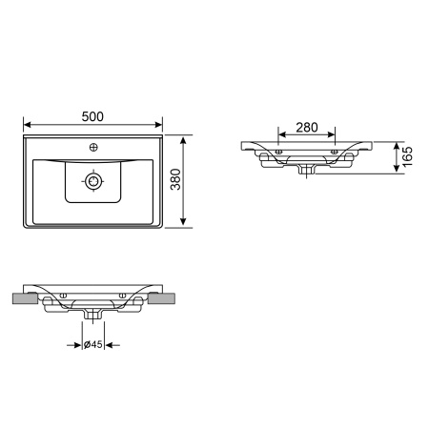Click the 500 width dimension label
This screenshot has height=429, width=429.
click(x=92, y=116)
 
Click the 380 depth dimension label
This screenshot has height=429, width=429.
click(x=175, y=179)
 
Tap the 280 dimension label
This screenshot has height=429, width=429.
click(x=307, y=128)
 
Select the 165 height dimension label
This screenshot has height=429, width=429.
click(x=407, y=156)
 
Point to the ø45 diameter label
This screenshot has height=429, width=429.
click(x=92, y=344)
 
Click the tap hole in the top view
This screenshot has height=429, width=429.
click(x=93, y=147)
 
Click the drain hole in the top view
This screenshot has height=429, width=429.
click(x=93, y=181)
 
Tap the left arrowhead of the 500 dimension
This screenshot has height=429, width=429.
click(x=28, y=125)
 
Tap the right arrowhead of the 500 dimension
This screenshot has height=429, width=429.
click(x=158, y=125)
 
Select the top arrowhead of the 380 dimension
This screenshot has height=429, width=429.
click(x=183, y=140)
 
